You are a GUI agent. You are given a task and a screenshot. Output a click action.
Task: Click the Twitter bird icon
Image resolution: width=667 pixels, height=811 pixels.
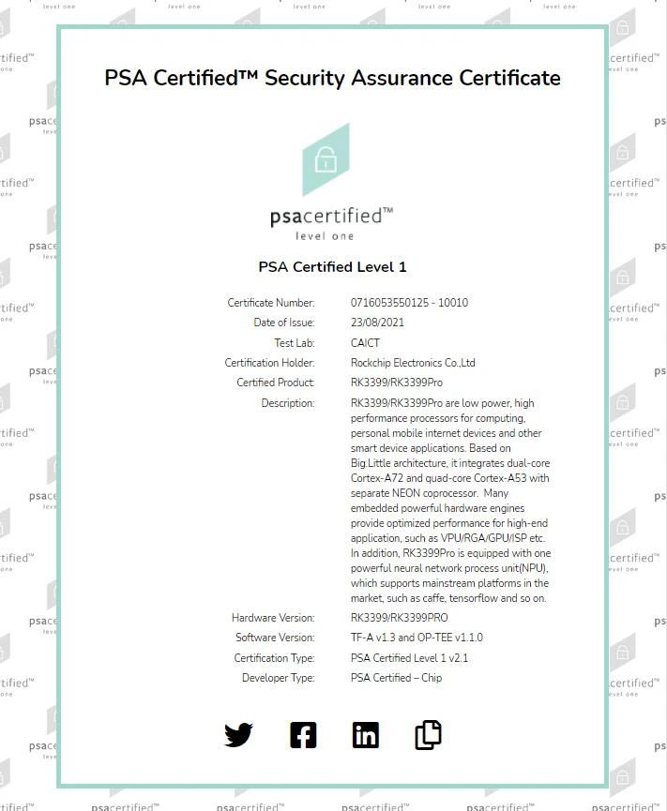pos(238,735)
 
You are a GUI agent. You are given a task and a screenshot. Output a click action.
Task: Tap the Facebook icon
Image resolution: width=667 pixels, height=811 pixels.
pos(303,735)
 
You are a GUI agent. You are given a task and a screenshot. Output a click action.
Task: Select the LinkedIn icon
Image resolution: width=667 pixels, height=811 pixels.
pos(366,735)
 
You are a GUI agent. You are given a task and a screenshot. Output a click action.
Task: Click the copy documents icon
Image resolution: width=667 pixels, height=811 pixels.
pos(428,735)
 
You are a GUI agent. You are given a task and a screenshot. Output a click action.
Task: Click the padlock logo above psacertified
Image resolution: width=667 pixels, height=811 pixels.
pos(326,159)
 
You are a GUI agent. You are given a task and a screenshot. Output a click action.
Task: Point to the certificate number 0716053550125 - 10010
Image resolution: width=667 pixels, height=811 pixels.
pos(409,303)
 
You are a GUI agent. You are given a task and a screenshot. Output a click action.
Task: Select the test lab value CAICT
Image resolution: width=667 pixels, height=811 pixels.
pos(365,343)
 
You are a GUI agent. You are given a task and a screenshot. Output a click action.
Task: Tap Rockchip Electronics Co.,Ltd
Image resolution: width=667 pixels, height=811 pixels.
pos(413,363)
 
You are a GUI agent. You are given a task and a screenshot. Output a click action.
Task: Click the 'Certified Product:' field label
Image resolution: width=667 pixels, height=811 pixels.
pos(276,383)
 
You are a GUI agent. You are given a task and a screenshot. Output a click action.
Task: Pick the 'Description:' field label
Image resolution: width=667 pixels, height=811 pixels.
pos(288,403)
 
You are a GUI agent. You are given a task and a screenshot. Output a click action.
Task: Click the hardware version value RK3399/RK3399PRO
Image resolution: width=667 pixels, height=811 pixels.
pos(399,618)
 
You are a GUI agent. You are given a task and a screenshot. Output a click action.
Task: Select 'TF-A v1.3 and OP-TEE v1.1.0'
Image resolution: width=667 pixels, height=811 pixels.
pos(417,638)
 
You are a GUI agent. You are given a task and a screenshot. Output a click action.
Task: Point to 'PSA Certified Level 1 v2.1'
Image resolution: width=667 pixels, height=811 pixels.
pos(409,658)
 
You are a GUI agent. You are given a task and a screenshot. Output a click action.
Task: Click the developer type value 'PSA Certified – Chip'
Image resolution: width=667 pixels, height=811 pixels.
pos(396,678)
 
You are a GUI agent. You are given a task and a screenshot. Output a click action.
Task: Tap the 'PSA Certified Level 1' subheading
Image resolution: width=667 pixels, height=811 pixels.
pos(332,267)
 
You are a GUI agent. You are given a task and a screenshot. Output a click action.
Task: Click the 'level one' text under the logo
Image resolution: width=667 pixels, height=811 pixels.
pos(325,236)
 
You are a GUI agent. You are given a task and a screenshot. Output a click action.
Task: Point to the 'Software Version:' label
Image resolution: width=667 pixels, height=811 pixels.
pos(275,638)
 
